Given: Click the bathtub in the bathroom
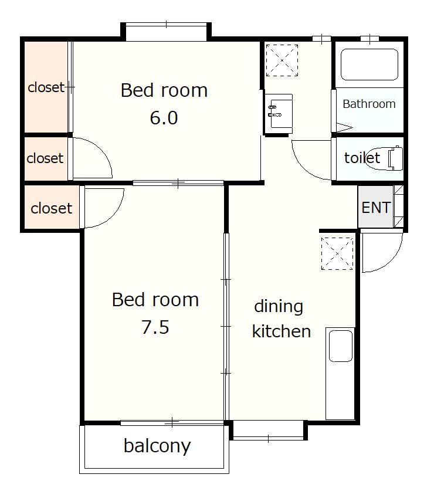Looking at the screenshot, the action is point(369,65).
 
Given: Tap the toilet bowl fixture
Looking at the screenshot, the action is point(385,158).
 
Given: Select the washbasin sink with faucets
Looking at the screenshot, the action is point(279,114).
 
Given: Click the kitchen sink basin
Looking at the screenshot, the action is point(340,345).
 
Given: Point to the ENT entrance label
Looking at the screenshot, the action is point(376,208).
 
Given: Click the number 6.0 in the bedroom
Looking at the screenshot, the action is point(164,118).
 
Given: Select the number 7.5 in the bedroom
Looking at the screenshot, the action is point(155,327).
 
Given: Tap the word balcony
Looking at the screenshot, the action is point(157,446).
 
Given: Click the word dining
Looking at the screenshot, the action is point(279,306).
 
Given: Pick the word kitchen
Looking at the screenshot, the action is point(282,331).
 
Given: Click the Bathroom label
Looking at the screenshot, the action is point(369,104).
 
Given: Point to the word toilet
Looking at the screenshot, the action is point(362,158).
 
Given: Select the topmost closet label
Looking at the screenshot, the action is point(46,87).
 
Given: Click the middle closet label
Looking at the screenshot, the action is point(45,158).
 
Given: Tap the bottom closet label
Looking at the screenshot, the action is point(52,208).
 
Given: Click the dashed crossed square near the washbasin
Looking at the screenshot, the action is point(282,60).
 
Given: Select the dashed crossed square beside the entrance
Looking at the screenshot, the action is point(337,253).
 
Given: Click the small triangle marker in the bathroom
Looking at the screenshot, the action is point(344,127).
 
